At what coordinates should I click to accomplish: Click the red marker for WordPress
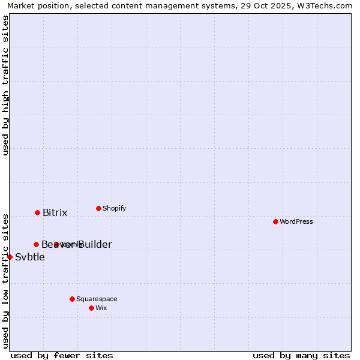click(275, 221)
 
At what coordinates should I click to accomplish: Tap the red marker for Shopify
click(98, 208)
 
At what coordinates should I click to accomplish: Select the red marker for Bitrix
click(37, 212)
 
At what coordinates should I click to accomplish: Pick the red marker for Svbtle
click(10, 257)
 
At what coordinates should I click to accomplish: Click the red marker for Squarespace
click(72, 299)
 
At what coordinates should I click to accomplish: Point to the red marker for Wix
click(91, 308)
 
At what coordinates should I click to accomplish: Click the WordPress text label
click(296, 221)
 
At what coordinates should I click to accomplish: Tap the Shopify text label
click(114, 208)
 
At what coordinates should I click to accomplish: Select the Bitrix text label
click(55, 213)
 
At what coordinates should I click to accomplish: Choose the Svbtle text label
click(30, 257)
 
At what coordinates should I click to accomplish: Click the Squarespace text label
click(97, 299)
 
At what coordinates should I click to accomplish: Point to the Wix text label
click(101, 308)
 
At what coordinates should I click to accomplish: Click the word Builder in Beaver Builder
click(95, 245)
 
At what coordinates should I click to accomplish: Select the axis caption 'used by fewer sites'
click(62, 355)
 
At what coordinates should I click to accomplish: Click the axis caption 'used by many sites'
click(301, 355)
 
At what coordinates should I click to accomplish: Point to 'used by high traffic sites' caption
click(6, 85)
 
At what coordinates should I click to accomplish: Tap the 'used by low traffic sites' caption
click(6, 281)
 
